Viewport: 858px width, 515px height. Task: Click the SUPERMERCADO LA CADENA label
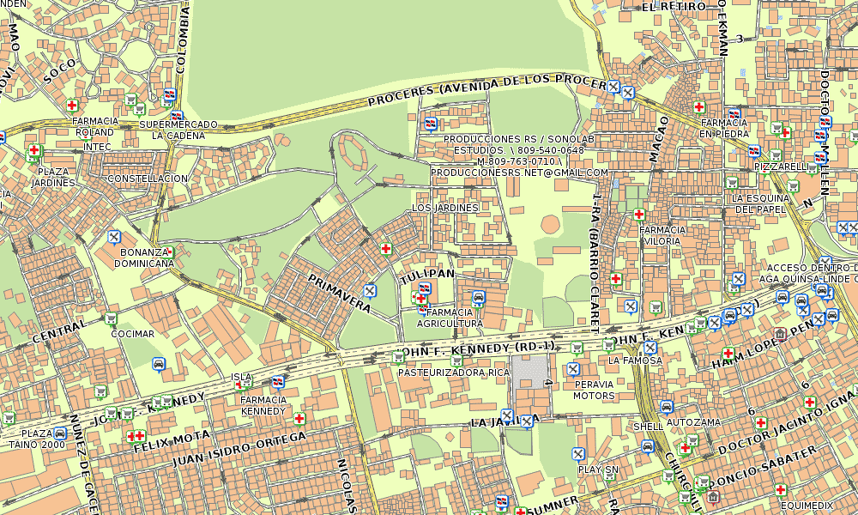(x=178, y=130)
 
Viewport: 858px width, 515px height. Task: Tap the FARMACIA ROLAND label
(x=94, y=127)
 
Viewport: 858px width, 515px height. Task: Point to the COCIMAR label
(x=133, y=334)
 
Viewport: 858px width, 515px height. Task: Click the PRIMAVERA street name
(x=339, y=294)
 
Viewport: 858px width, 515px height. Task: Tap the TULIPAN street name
(x=426, y=273)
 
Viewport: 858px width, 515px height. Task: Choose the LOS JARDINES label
(x=445, y=209)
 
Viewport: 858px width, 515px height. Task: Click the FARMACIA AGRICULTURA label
(x=450, y=318)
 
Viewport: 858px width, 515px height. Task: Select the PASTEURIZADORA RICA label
(x=454, y=373)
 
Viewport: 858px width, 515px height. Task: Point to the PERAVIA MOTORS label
(x=594, y=390)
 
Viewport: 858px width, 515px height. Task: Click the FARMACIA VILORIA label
(x=662, y=235)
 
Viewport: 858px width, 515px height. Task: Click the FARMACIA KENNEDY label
(x=263, y=405)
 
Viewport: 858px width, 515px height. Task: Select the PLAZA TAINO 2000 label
(x=43, y=439)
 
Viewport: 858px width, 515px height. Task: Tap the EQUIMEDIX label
(x=807, y=506)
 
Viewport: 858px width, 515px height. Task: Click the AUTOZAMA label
(x=693, y=423)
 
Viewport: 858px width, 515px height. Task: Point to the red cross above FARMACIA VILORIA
(x=639, y=215)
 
